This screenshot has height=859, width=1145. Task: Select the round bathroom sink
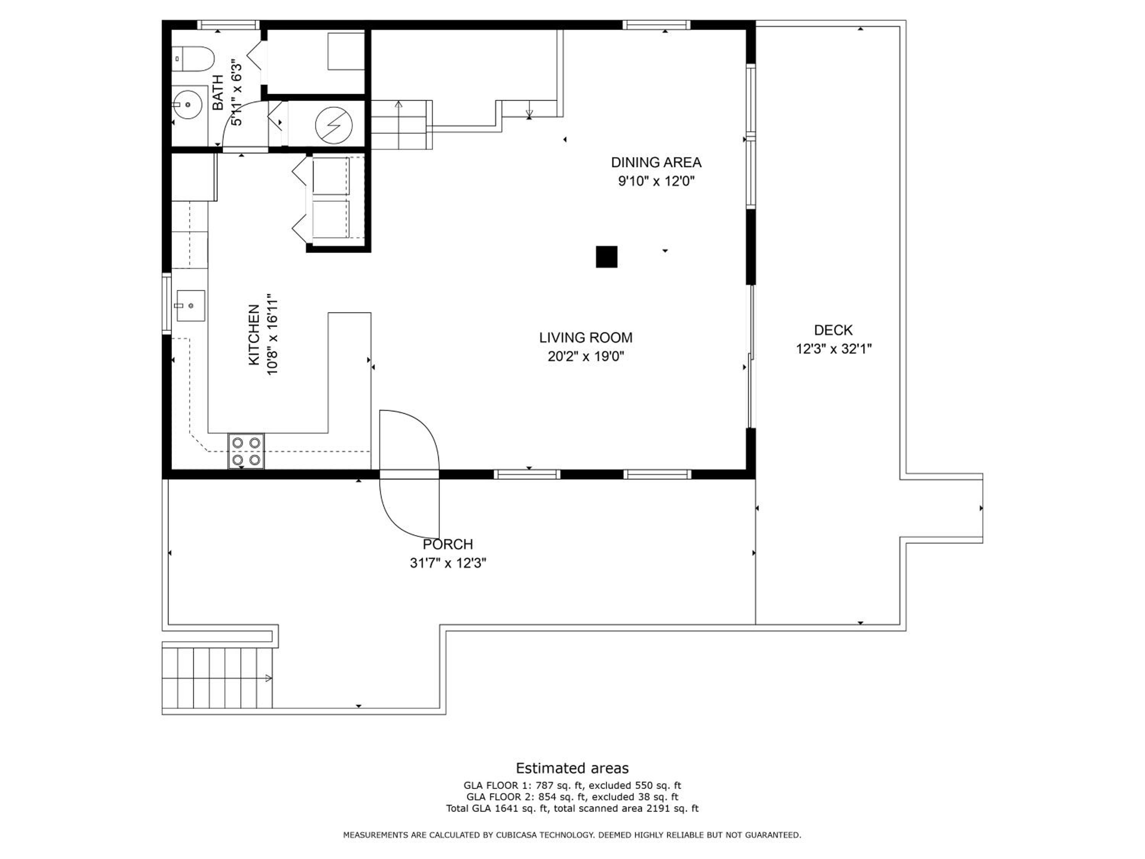coord(187,104)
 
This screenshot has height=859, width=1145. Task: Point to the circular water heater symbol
coord(334,125)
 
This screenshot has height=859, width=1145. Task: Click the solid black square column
coord(607,257)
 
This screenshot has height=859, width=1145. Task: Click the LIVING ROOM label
coord(586,337)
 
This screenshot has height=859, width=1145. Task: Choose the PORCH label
coord(448,544)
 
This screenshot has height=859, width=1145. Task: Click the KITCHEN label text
coord(254,334)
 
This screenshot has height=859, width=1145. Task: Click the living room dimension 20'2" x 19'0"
coord(586,356)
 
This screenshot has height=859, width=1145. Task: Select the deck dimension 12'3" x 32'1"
coord(834,349)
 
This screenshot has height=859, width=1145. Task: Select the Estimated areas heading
coord(572,768)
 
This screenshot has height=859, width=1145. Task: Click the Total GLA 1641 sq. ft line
coord(572,808)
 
